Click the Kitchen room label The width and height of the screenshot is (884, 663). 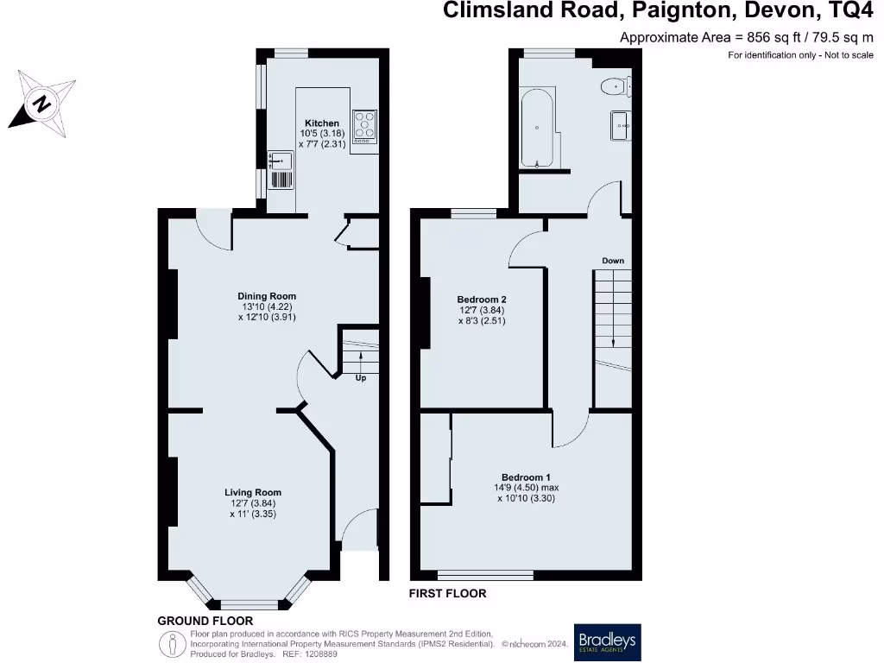pos(321,123)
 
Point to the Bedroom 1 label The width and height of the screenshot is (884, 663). pos(526,477)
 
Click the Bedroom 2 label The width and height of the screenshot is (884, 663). pos(481,300)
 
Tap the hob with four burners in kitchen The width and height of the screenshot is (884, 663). pos(364,126)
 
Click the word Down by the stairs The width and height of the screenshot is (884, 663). pos(613,260)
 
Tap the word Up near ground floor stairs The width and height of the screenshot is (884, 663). pos(360,377)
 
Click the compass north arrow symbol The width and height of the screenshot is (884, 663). pos(41,106)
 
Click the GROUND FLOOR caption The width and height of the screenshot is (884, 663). pos(205,621)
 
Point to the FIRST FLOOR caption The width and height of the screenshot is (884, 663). pos(447,594)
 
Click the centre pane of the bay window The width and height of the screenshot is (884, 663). pos(249,604)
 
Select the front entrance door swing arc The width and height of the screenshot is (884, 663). pos(358,525)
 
